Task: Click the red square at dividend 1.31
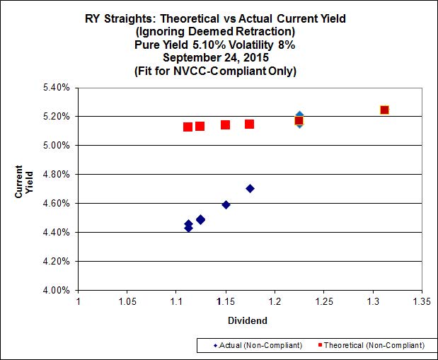coord(384,110)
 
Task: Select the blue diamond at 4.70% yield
coord(250,188)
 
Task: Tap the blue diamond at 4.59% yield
coord(226,204)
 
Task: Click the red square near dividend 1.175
coord(250,124)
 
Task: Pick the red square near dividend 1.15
coord(225,125)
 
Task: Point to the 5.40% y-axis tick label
coord(55,87)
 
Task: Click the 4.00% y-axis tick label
coord(55,290)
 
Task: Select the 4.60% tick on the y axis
coord(55,203)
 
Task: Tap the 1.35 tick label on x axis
coord(422,300)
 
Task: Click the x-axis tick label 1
coord(77,300)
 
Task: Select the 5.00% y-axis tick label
coord(55,145)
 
